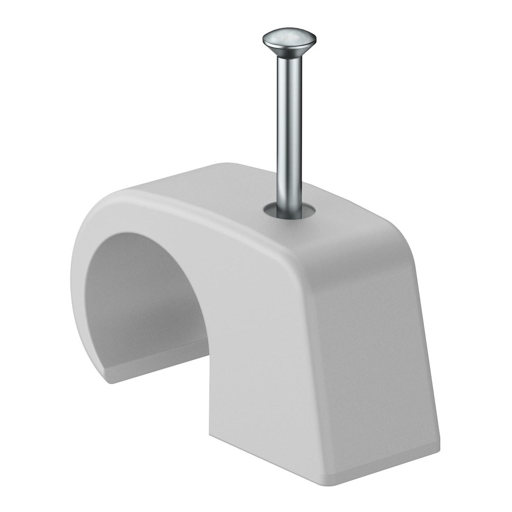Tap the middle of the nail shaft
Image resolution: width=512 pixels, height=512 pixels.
pos(289,128)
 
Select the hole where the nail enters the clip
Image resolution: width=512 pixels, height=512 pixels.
pos(289,211)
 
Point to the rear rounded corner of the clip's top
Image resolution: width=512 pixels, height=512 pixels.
pos(225,167)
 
